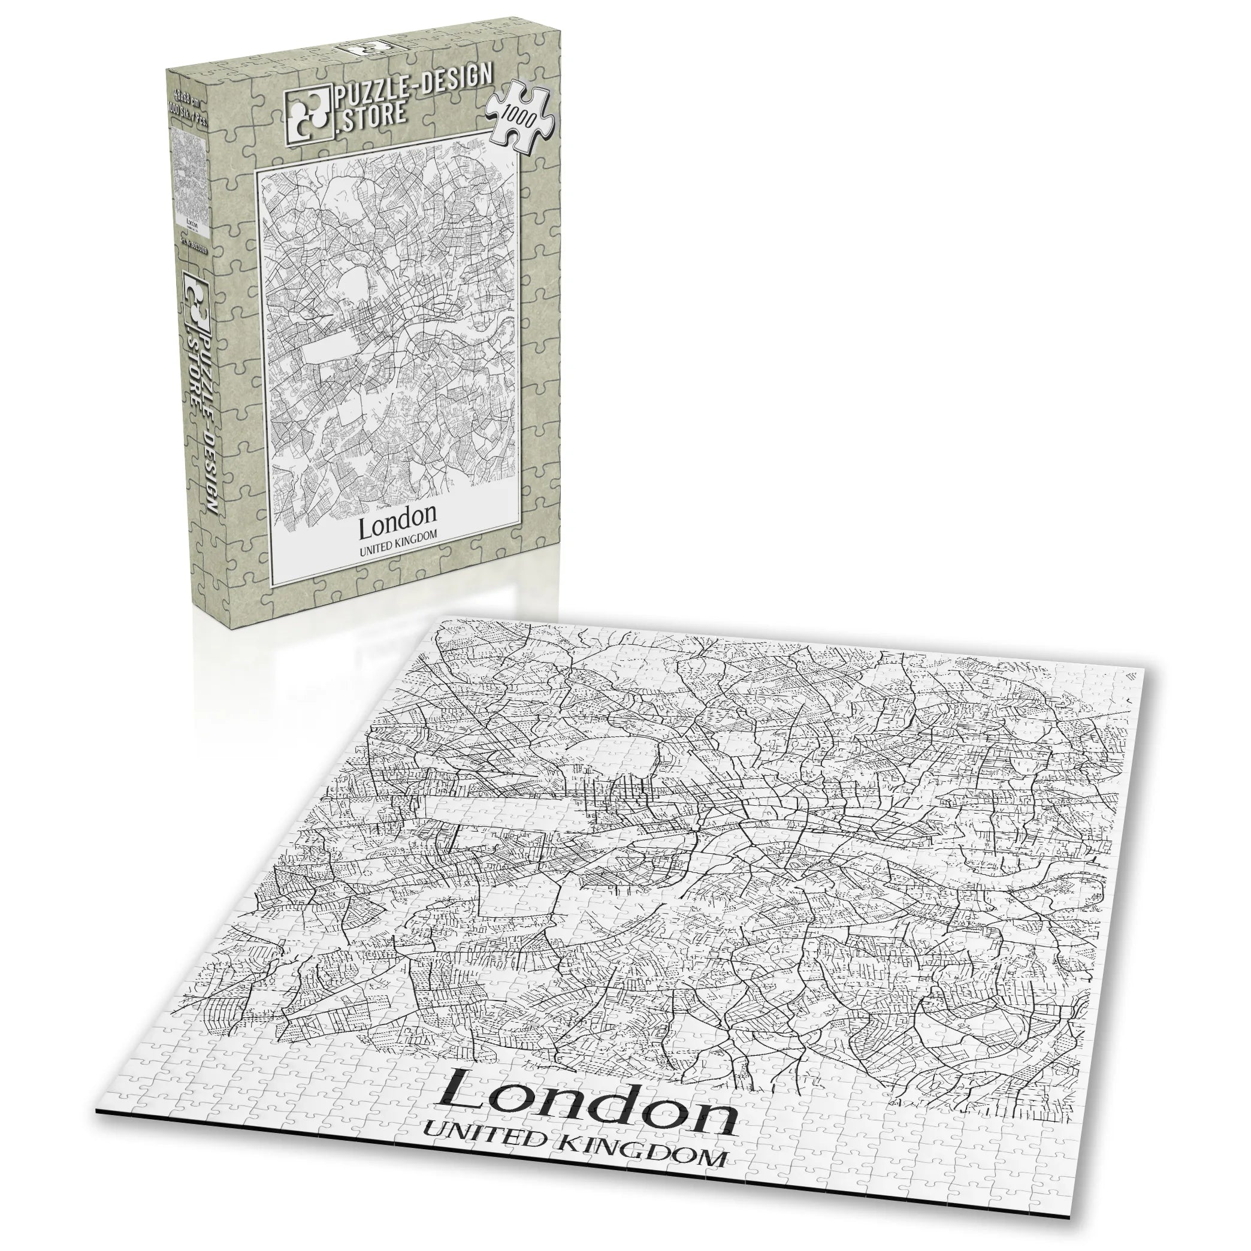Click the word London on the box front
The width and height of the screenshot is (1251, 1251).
pyautogui.click(x=398, y=513)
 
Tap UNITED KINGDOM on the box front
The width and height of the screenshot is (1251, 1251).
pyautogui.click(x=398, y=534)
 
